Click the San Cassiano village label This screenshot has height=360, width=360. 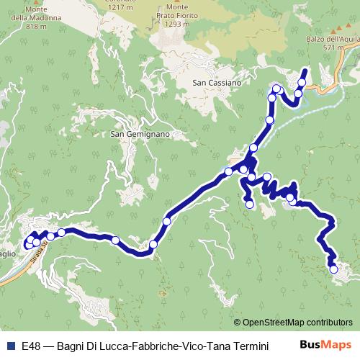tap(216, 83)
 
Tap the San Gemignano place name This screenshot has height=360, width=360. tap(140, 134)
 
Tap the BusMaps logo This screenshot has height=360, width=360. tap(326, 346)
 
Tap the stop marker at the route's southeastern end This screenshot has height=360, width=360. tap(333, 269)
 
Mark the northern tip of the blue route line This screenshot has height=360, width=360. tap(305, 70)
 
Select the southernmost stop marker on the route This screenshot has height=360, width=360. tap(333, 269)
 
